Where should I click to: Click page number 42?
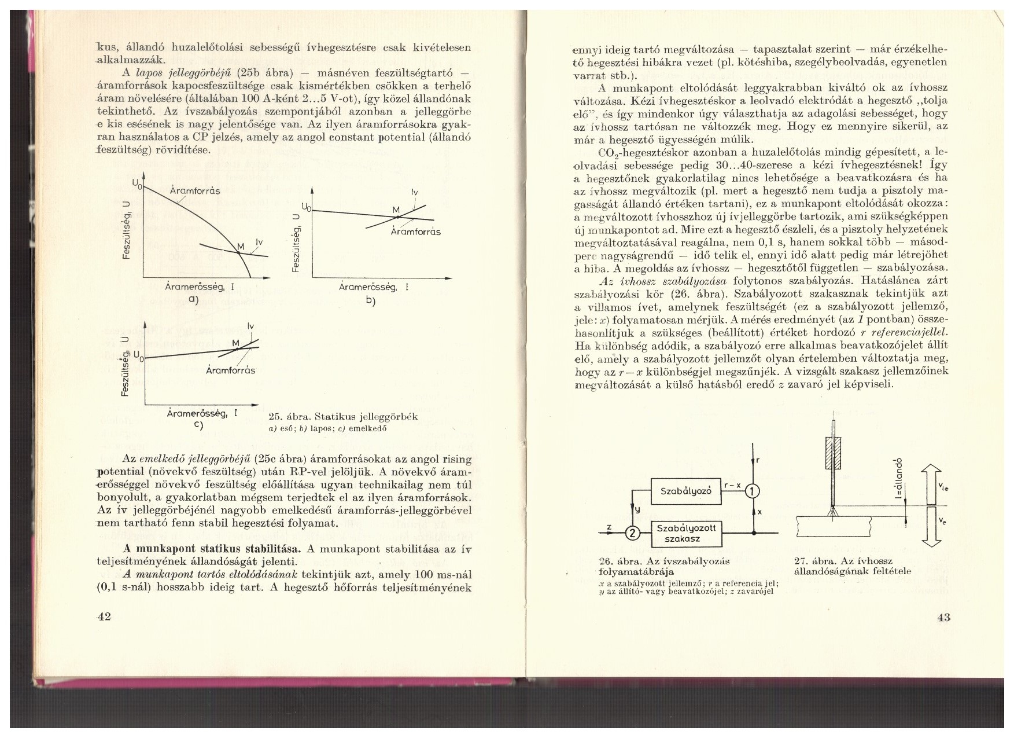pos(104,617)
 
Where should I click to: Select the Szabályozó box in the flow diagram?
pos(685,491)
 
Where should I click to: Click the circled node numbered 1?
pos(753,492)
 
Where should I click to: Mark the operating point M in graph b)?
pos(398,217)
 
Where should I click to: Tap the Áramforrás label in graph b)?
pos(415,232)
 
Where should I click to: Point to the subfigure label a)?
pos(193,299)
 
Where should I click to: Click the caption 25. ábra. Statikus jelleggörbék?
pos(344,417)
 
